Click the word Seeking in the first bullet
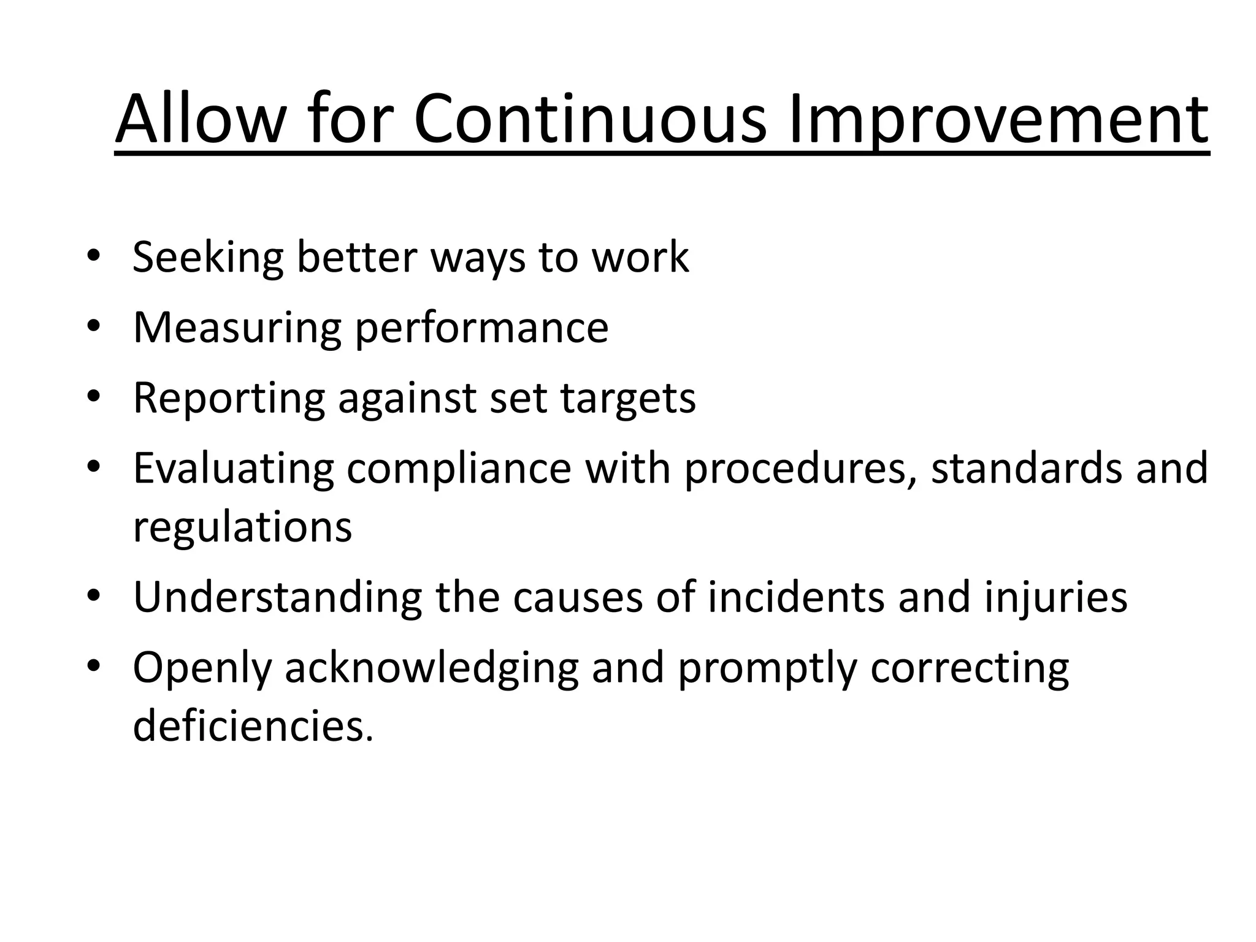207,258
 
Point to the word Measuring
236,328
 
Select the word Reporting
228,399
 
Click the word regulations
242,527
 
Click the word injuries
1056,597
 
